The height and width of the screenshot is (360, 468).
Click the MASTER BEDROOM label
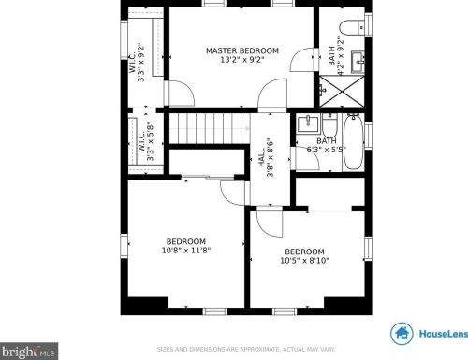[x=241, y=50]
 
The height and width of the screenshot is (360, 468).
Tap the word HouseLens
[x=439, y=333]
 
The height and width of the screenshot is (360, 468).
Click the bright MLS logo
[x=28, y=352]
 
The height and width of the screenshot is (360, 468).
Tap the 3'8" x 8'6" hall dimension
[x=271, y=159]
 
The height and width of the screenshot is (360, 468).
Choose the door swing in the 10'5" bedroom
[x=267, y=224]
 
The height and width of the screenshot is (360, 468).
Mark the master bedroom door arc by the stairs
[x=273, y=94]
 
